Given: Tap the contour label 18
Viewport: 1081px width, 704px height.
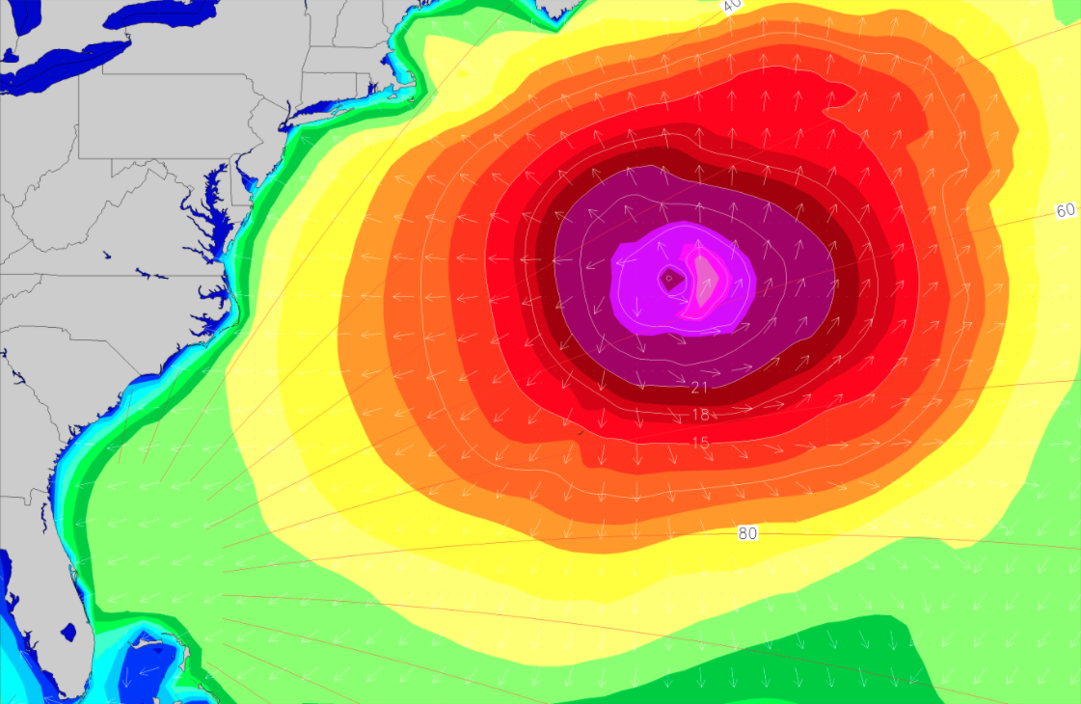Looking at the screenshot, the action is coord(701,415).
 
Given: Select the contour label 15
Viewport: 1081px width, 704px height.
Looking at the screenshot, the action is coord(701,442).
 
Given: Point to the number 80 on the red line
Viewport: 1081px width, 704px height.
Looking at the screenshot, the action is coord(747,533).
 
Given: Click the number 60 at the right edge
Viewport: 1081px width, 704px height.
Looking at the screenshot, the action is coord(1065,210).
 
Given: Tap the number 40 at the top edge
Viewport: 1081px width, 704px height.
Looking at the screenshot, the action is coord(732,5).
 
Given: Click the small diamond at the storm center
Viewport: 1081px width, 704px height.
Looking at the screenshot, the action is coord(668,279).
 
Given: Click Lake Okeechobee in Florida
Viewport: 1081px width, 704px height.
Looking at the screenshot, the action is coord(68,633).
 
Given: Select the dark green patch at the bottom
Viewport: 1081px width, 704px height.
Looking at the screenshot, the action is coord(849,656).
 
